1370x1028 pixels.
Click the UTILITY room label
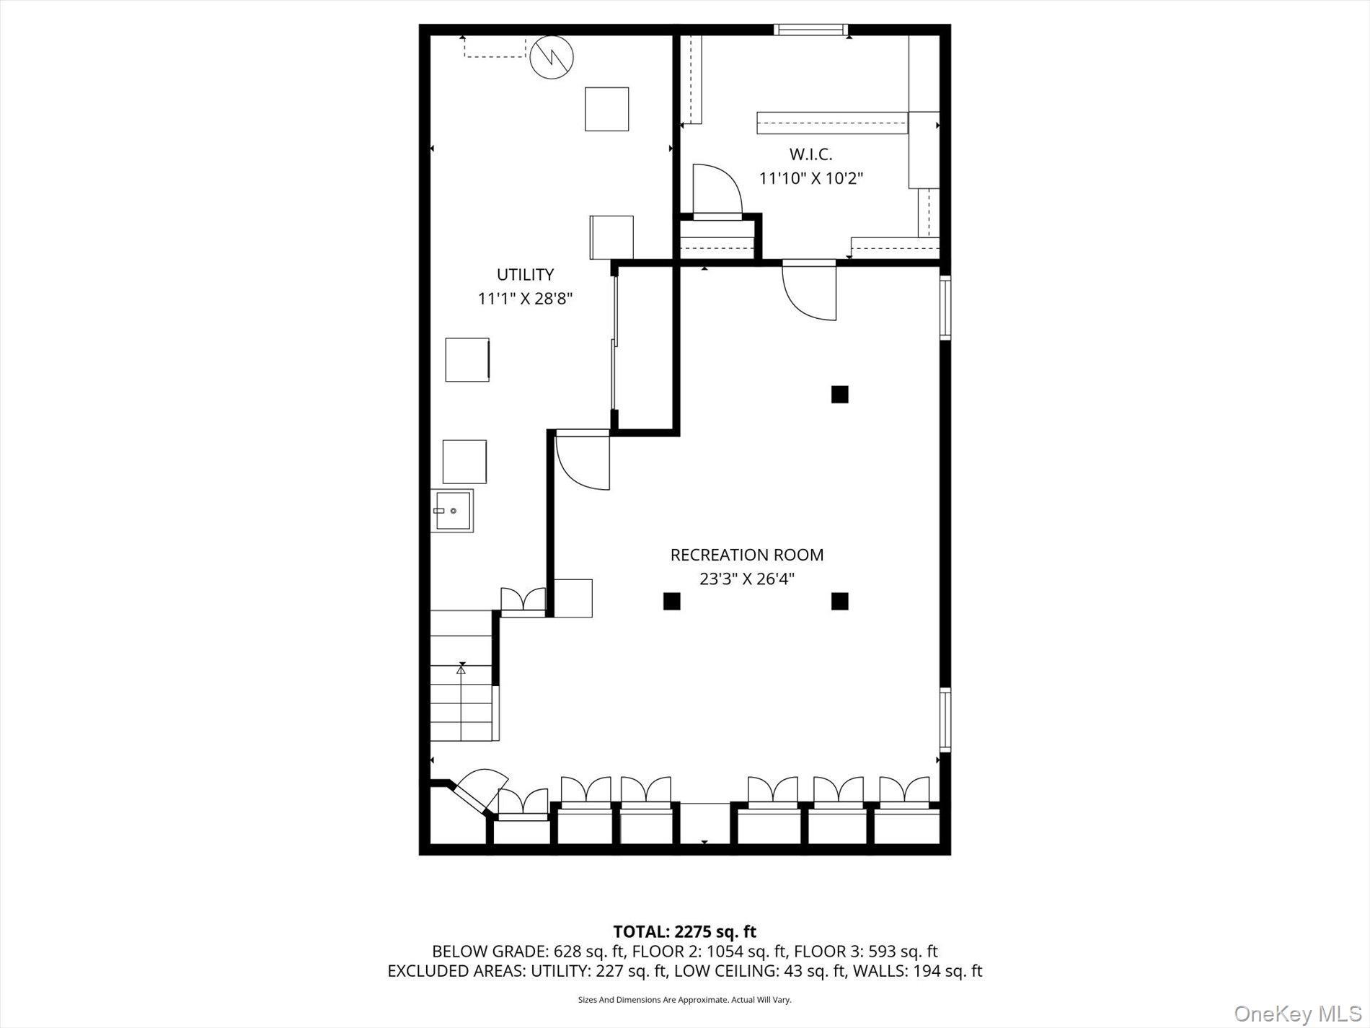pyautogui.click(x=525, y=275)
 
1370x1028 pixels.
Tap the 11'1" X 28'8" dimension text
pyautogui.click(x=525, y=299)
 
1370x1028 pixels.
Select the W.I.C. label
pyautogui.click(x=810, y=154)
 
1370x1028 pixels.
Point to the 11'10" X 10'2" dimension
pyautogui.click(x=810, y=178)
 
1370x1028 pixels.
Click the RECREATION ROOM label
pyautogui.click(x=746, y=555)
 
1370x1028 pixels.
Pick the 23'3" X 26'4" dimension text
pyautogui.click(x=746, y=579)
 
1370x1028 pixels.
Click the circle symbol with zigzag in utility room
pyautogui.click(x=552, y=57)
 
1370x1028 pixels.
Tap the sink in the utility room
pyautogui.click(x=452, y=511)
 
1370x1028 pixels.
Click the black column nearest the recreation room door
pyautogui.click(x=839, y=395)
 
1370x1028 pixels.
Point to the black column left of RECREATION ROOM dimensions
pyautogui.click(x=671, y=601)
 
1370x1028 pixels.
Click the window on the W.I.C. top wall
pyautogui.click(x=810, y=30)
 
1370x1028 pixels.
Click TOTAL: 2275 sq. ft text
pyautogui.click(x=684, y=931)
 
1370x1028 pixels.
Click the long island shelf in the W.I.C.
pyautogui.click(x=831, y=123)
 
